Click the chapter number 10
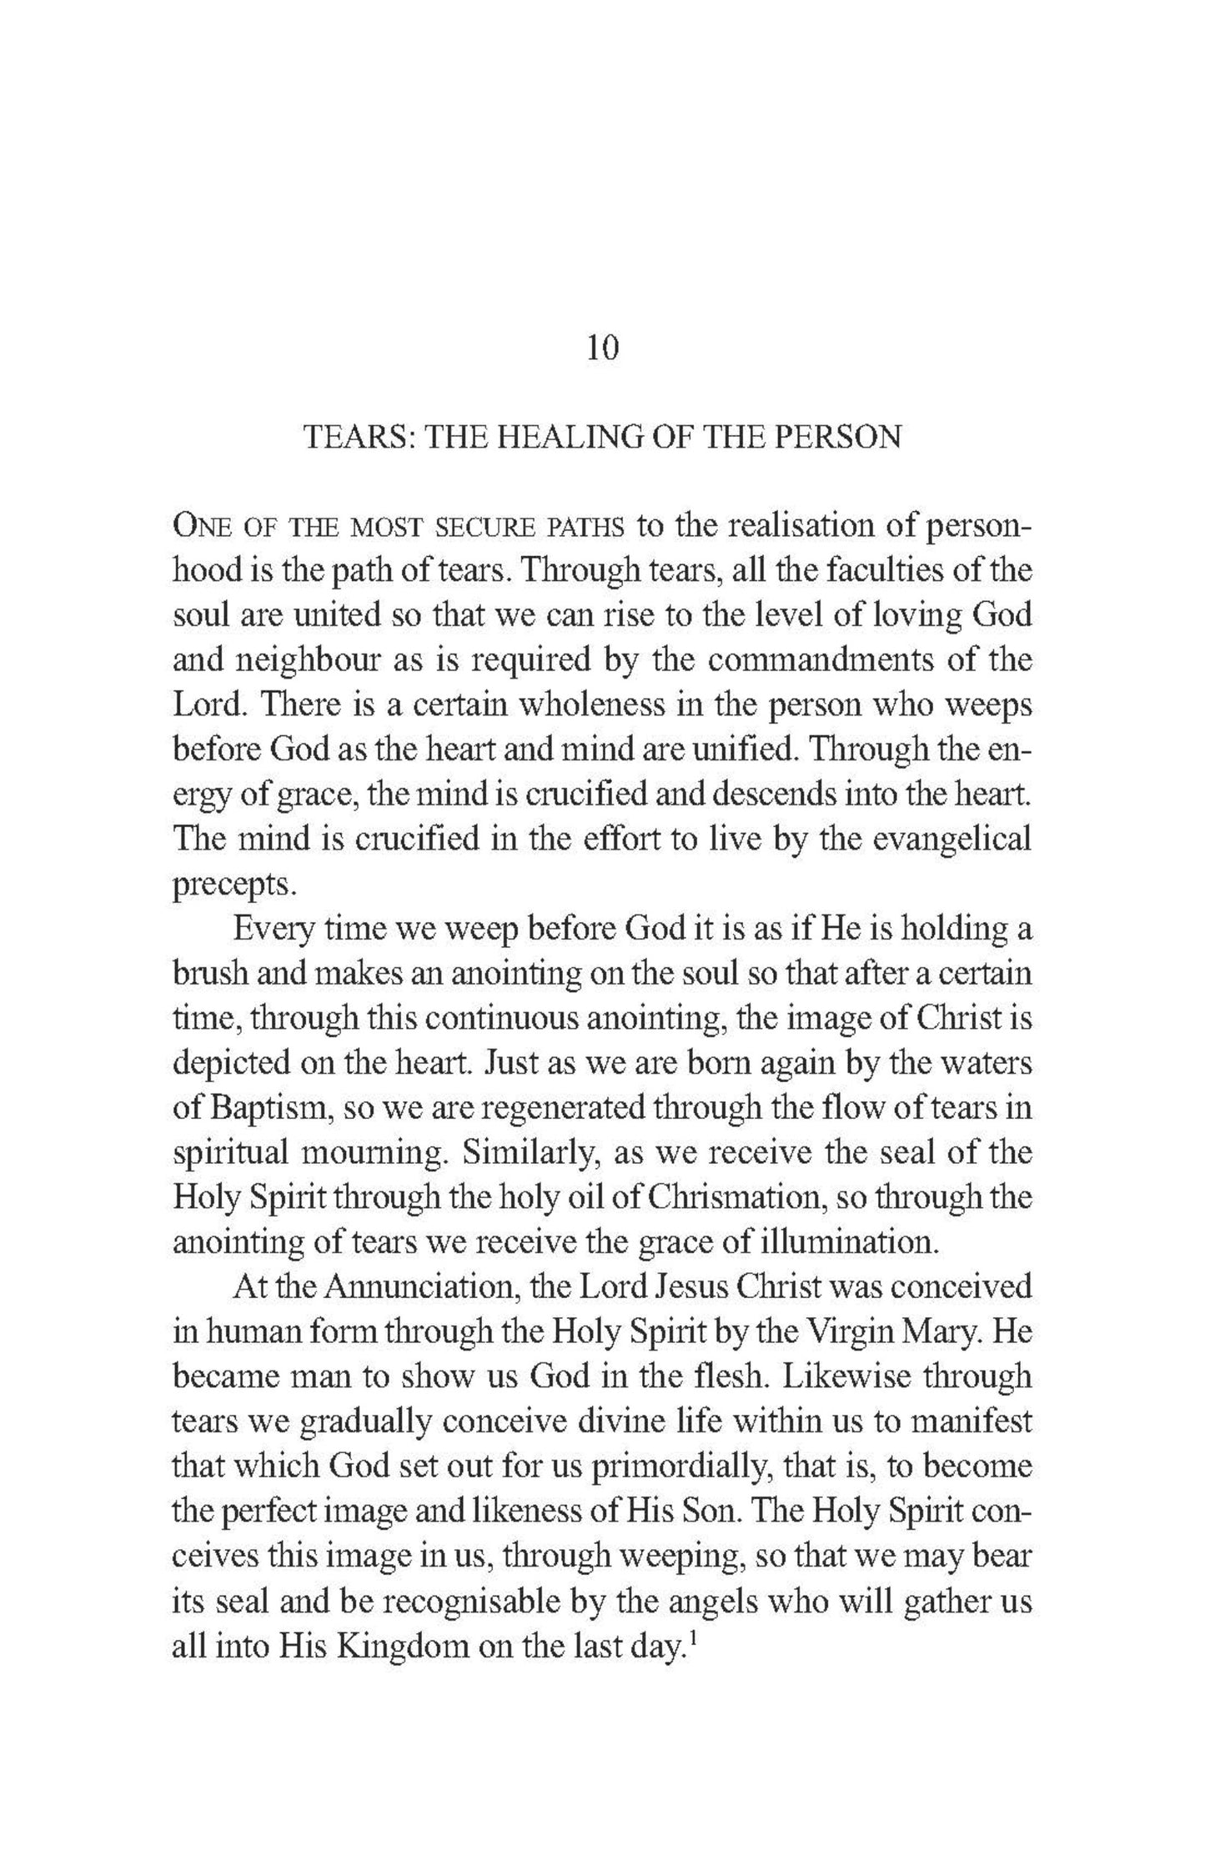click(602, 348)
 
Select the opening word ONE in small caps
click(198, 528)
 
